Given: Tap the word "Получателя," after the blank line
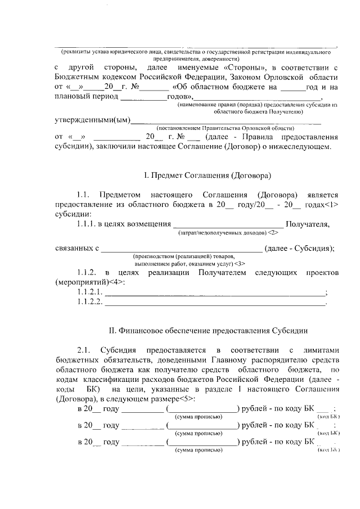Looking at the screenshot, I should click(x=308, y=224).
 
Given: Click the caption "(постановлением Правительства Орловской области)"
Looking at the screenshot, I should click(x=225, y=128).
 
